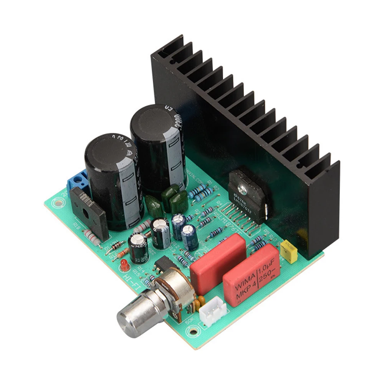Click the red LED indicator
click(124, 264)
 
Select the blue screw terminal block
click(76, 180)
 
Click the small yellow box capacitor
click(289, 252)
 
